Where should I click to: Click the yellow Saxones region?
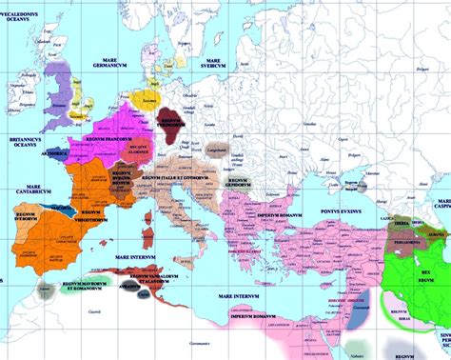(148, 98)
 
